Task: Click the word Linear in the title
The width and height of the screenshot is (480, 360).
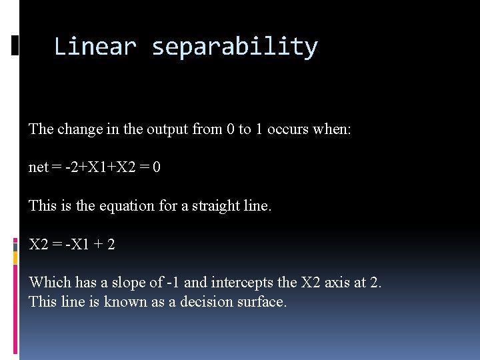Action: pyautogui.click(x=95, y=47)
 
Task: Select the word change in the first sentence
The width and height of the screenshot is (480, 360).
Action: pyautogui.click(x=79, y=129)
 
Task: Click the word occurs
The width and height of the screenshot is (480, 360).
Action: pyautogui.click(x=288, y=129)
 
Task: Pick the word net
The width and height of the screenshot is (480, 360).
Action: pyautogui.click(x=38, y=167)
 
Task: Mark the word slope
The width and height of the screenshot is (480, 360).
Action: pyautogui.click(x=127, y=283)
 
